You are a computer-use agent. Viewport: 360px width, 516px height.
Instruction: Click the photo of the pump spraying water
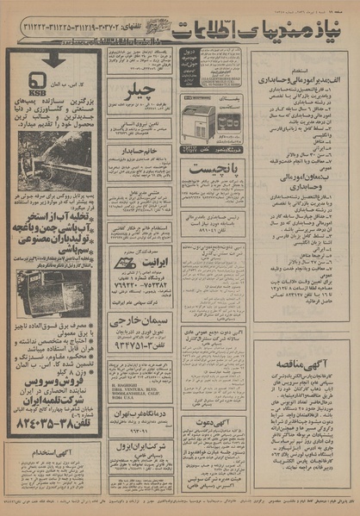pyautogui.click(x=53, y=161)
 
